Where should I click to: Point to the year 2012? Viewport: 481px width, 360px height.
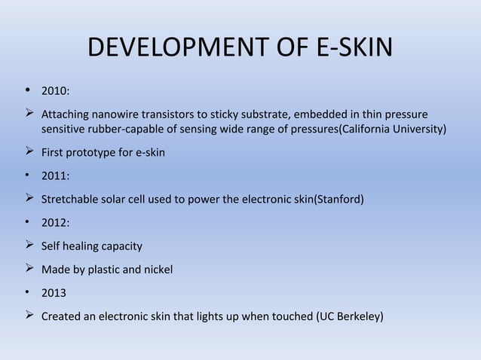(55, 223)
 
